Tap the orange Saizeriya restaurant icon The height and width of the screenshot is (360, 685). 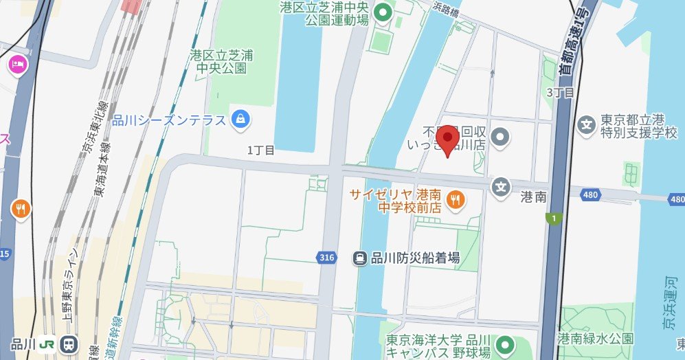(454, 200)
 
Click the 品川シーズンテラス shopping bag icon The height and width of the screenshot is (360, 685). (240, 120)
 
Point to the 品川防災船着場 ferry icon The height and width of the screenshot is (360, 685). (359, 258)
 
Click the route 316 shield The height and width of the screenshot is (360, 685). (328, 258)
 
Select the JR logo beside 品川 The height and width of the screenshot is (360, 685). (47, 344)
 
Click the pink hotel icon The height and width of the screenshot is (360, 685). (16, 65)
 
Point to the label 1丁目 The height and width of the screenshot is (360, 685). (260, 150)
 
